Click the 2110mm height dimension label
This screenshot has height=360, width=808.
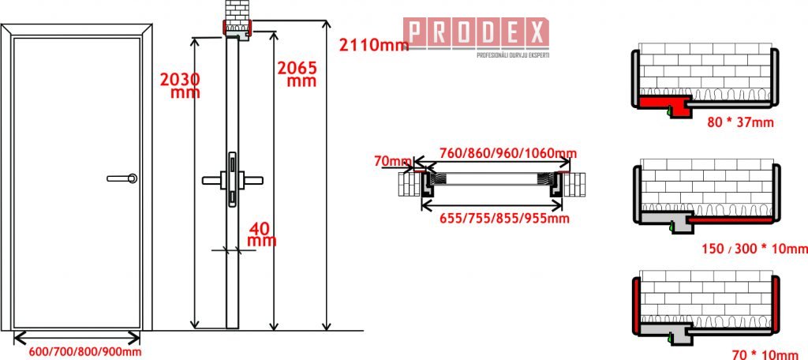click(x=373, y=45)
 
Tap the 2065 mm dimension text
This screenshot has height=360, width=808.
click(x=296, y=73)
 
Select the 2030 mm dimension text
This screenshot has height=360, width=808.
click(x=180, y=85)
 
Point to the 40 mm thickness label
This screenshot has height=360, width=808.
click(x=262, y=234)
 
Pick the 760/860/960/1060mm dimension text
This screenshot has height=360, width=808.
click(x=507, y=153)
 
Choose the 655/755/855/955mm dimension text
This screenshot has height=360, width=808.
click(x=504, y=218)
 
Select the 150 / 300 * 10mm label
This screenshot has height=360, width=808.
click(x=754, y=249)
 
